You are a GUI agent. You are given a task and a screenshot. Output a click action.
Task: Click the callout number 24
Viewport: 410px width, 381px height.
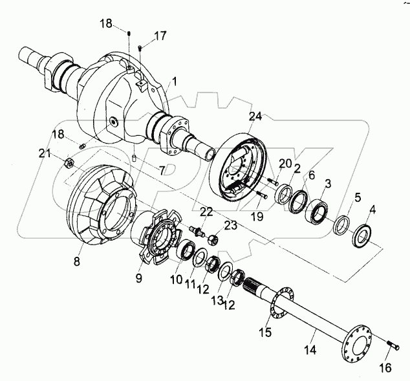[x=255, y=117]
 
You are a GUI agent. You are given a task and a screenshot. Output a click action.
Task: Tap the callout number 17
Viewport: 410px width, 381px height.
[x=159, y=35]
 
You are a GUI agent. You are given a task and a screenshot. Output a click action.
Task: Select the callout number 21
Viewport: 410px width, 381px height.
[x=44, y=153]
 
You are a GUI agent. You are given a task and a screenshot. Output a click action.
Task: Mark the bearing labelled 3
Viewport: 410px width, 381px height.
[x=318, y=210]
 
